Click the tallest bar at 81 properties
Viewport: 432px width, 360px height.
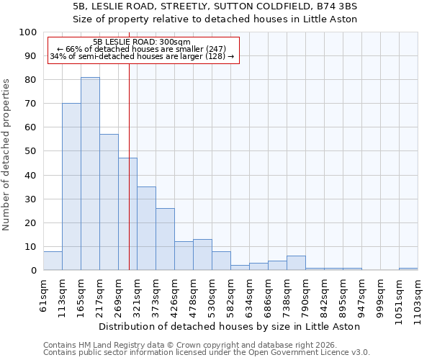click(x=90, y=174)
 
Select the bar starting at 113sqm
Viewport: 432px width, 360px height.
click(x=71, y=186)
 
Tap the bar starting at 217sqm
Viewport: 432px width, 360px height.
click(x=109, y=202)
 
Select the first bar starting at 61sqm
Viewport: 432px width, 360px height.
click(x=53, y=261)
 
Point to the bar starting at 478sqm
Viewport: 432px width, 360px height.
click(x=202, y=255)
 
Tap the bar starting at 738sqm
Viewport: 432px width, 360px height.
click(x=296, y=264)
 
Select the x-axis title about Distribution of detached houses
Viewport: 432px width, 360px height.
click(x=230, y=326)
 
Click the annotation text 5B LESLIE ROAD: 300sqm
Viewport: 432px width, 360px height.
click(x=142, y=42)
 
